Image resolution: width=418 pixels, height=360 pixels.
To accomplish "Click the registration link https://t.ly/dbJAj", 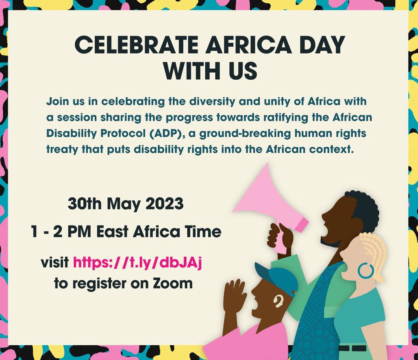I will pos(138,262).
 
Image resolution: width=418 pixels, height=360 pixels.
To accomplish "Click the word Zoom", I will pos(173,283).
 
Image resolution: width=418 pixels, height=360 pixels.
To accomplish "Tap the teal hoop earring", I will pos(365,271).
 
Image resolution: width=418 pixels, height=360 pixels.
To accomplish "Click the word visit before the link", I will pos(54,262).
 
